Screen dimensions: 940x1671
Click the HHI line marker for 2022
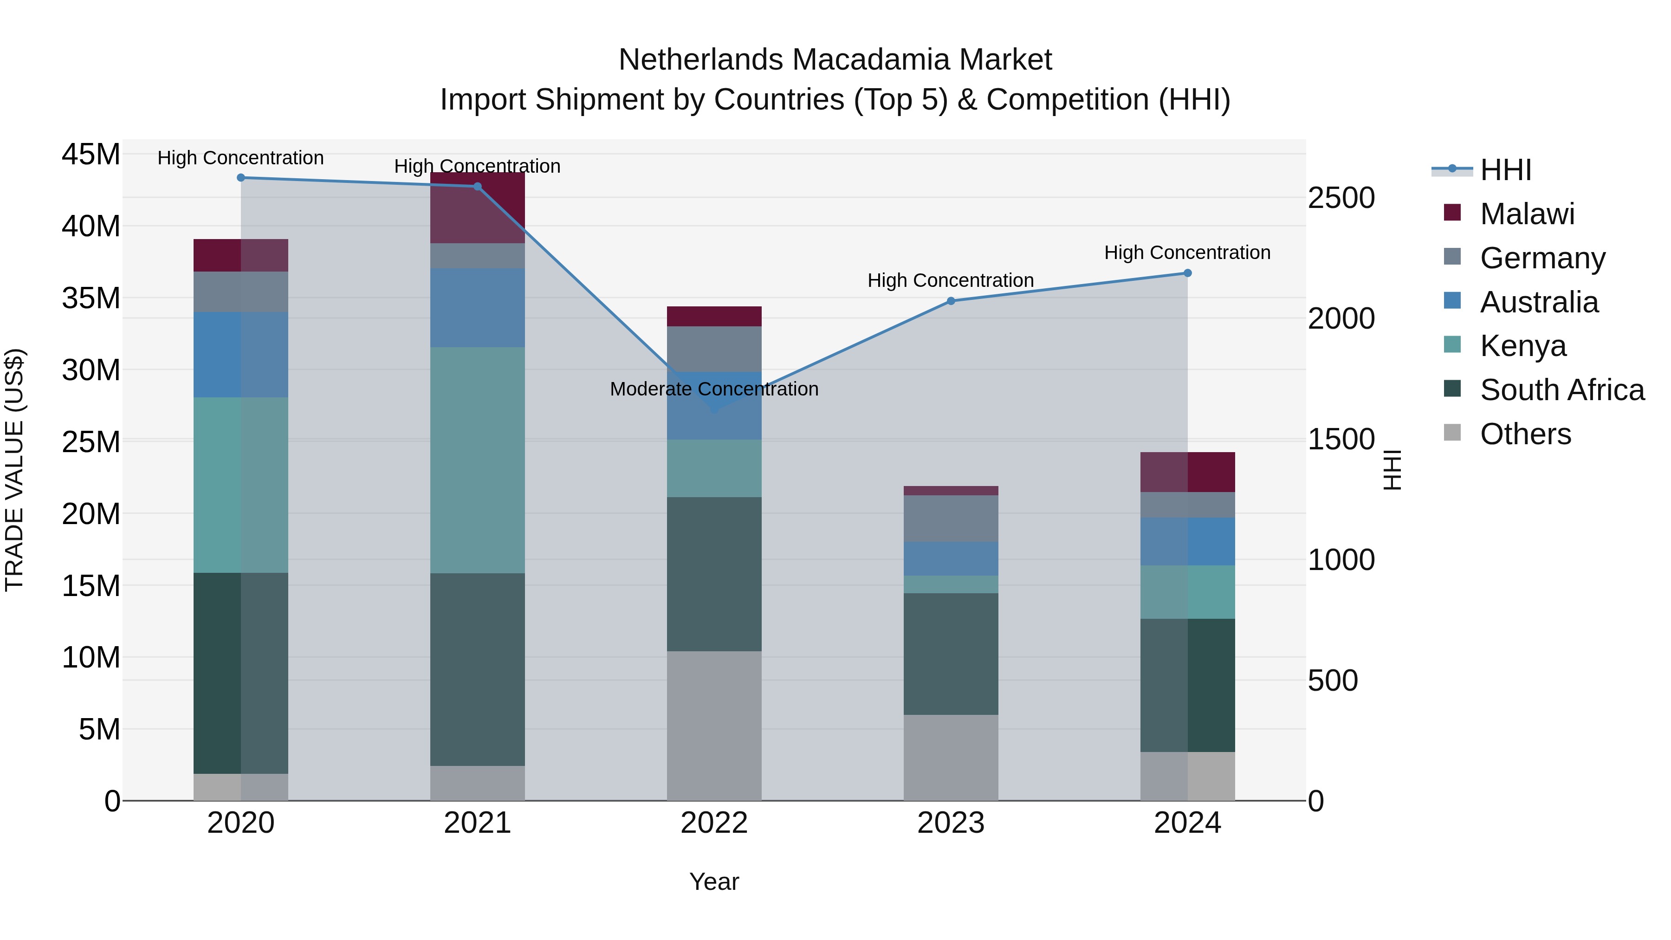(x=714, y=410)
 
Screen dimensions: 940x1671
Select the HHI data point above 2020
(x=240, y=178)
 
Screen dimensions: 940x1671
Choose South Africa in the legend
(x=1561, y=390)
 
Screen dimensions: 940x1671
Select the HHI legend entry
(x=1505, y=170)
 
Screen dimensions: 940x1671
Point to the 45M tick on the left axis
(x=91, y=155)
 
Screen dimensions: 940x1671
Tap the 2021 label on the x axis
(x=478, y=823)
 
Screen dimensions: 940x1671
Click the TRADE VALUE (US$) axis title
(x=14, y=470)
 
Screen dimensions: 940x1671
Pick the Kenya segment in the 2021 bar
(x=478, y=460)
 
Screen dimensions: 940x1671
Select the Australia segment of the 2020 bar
(x=240, y=355)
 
